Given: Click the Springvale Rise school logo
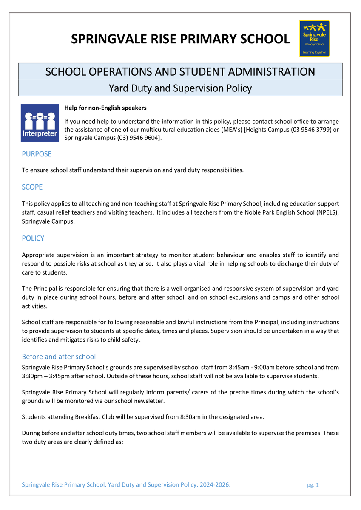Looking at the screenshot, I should (314, 38).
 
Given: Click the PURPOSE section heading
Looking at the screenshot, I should (37, 154).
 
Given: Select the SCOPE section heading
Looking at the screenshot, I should (32, 187).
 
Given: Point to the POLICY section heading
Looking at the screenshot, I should (33, 238).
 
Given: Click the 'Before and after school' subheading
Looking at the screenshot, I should (59, 357).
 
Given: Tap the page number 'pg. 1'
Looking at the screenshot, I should (313, 485).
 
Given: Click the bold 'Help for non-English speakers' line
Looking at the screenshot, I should (105, 108).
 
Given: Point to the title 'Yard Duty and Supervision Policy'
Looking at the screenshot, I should (180, 88).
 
